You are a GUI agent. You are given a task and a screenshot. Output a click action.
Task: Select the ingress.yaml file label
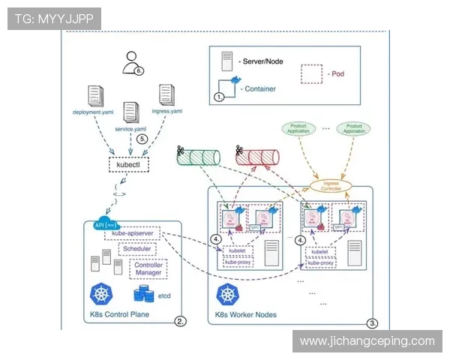tap(166, 112)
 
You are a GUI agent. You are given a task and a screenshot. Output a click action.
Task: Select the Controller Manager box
tap(148, 269)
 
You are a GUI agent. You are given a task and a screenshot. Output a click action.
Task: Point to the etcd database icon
tap(142, 295)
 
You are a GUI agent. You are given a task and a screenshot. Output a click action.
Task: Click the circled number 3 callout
tap(373, 322)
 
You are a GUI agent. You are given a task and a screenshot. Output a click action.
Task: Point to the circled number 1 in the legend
tap(220, 97)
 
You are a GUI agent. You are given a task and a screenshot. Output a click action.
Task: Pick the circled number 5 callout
tap(143, 139)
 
